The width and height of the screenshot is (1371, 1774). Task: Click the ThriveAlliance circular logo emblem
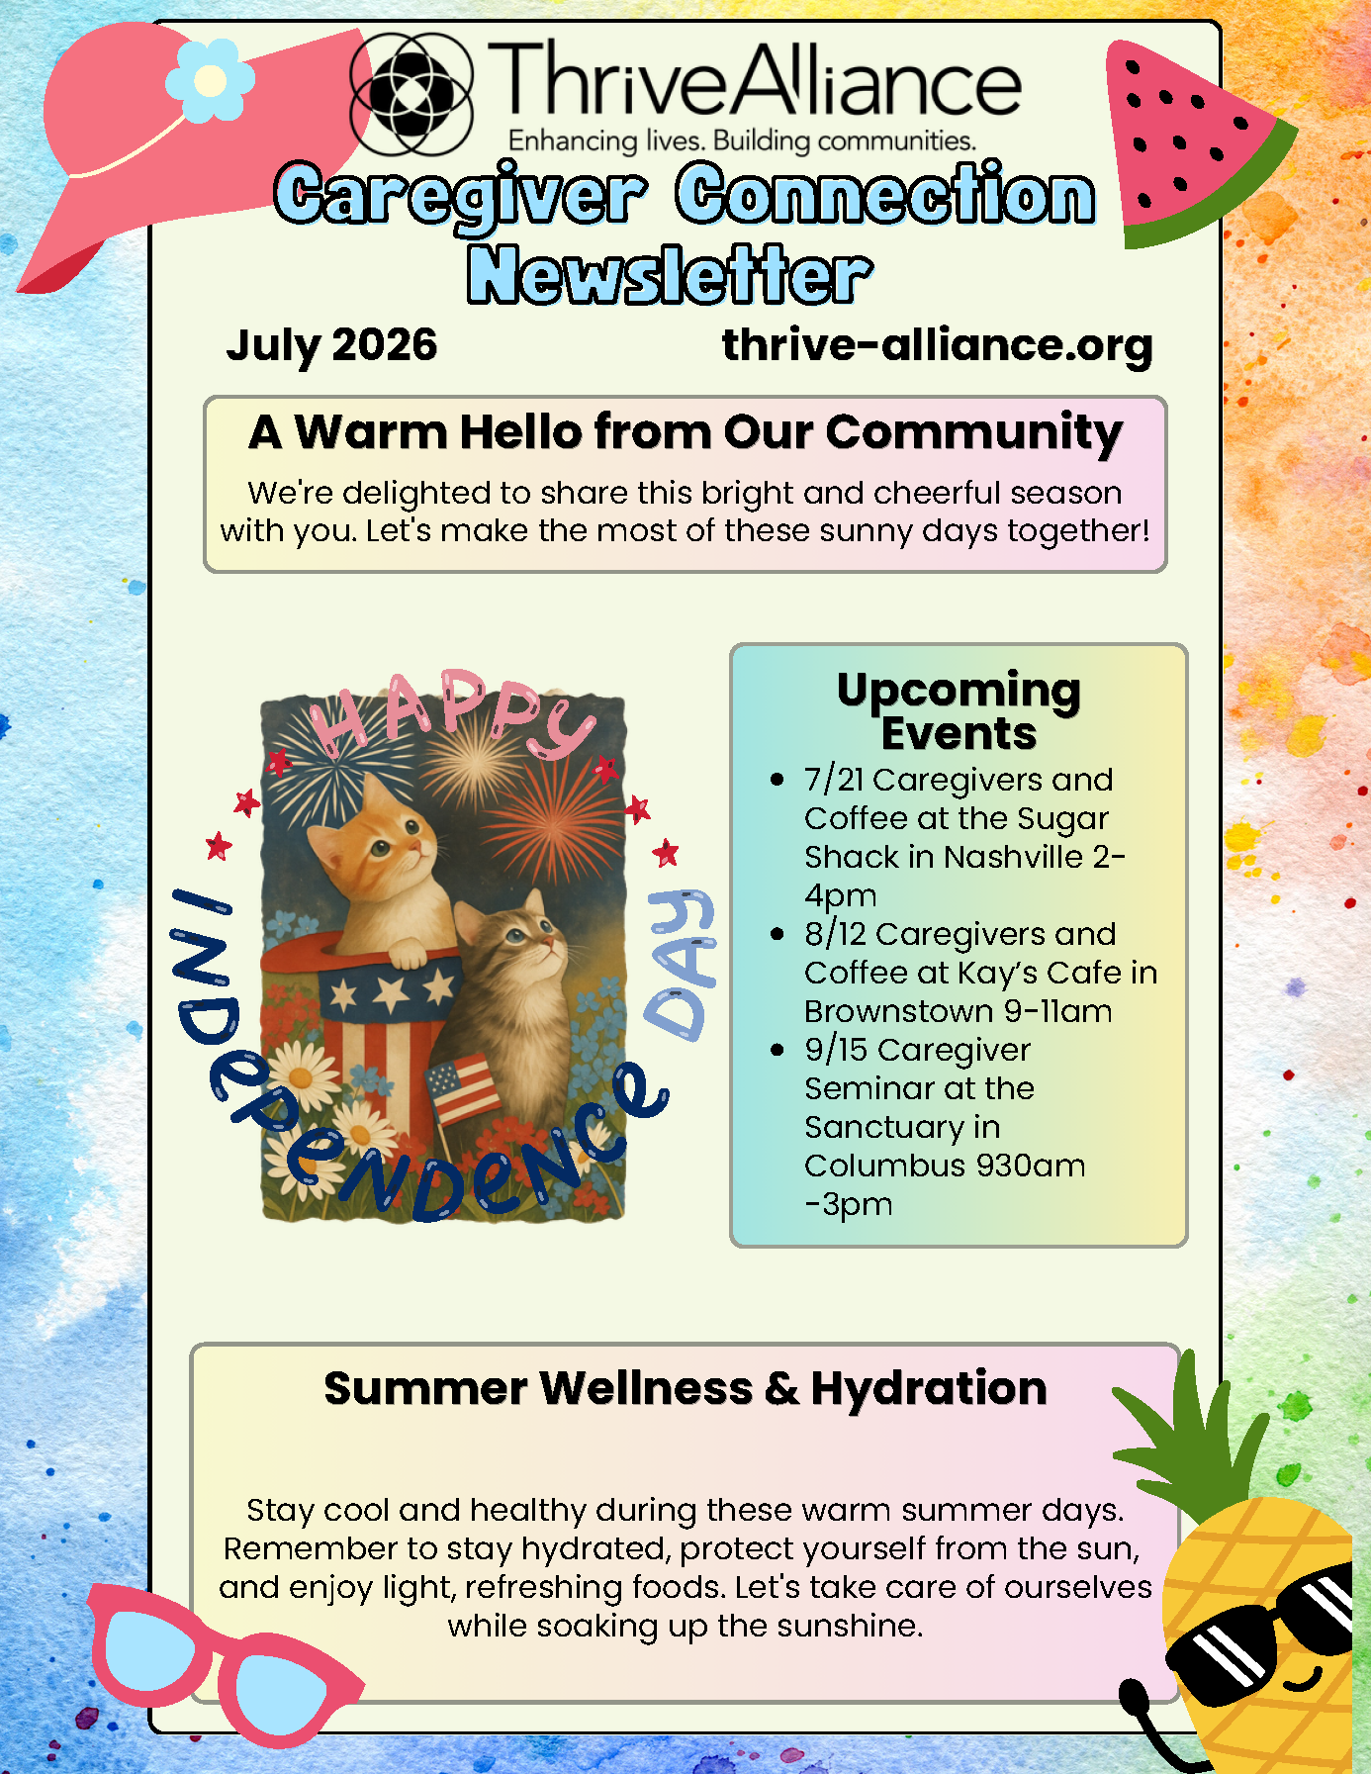pyautogui.click(x=411, y=94)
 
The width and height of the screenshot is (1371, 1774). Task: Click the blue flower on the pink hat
pyautogui.click(x=210, y=81)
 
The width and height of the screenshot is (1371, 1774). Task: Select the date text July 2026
pyautogui.click(x=331, y=345)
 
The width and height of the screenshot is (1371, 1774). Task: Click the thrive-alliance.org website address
pyautogui.click(x=938, y=345)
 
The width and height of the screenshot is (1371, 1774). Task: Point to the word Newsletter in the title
pyautogui.click(x=670, y=274)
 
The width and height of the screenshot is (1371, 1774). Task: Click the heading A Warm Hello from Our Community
pyautogui.click(x=685, y=432)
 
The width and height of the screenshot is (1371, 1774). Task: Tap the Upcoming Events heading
pyautogui.click(x=959, y=710)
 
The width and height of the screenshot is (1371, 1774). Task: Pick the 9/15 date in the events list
pyautogui.click(x=836, y=1051)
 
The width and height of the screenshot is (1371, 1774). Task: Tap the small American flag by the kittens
pyautogui.click(x=462, y=1088)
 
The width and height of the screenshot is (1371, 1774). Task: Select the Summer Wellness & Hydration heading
pyautogui.click(x=685, y=1388)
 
